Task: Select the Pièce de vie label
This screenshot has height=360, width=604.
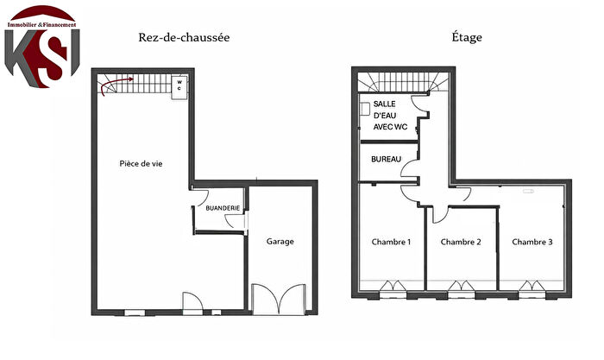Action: pos(140,162)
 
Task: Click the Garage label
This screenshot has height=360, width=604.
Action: pos(279,242)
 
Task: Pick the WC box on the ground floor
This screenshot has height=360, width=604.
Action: pos(179,86)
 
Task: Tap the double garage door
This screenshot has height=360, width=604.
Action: pos(278,297)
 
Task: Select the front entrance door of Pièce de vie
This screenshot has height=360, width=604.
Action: pos(192,302)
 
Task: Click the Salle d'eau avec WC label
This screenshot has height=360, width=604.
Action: pos(391,115)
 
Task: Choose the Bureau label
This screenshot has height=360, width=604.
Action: pos(386,161)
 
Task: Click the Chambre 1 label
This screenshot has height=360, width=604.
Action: pos(390,242)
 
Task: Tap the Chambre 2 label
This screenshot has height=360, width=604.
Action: pos(460,242)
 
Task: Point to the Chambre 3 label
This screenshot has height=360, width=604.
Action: pos(532,242)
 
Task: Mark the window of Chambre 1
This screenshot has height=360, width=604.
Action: pos(390,287)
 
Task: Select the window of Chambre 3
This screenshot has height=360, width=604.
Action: pos(532,287)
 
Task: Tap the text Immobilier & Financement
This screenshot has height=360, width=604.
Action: pos(41,25)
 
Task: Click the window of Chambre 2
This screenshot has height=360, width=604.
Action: pos(461,287)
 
